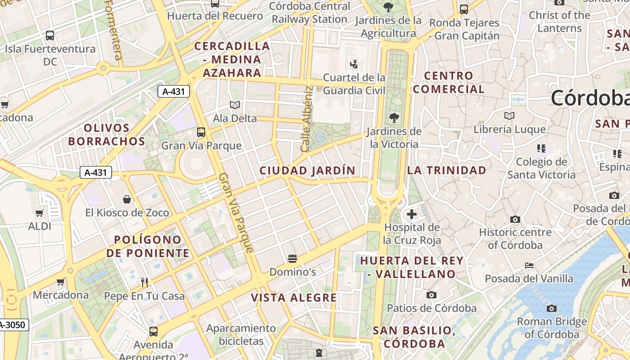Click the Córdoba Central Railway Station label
pyautogui.click(x=310, y=13)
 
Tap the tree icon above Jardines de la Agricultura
pyautogui.click(x=388, y=7)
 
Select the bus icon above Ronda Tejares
pyautogui.click(x=464, y=9)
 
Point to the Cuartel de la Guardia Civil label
pyautogui.click(x=354, y=84)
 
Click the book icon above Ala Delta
pyautogui.click(x=234, y=105)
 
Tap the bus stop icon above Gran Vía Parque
pyautogui.click(x=201, y=132)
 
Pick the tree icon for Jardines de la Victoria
pyautogui.click(x=394, y=118)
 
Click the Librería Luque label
pyautogui.click(x=509, y=130)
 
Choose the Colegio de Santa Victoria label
pyautogui.click(x=541, y=168)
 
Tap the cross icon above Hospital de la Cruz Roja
pyautogui.click(x=411, y=214)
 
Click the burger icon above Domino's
pyautogui.click(x=292, y=259)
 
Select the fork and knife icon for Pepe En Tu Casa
pyautogui.click(x=144, y=283)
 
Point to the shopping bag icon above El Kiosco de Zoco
pyautogui.click(x=127, y=199)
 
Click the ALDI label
pyautogui.click(x=40, y=226)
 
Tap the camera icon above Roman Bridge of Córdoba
pyautogui.click(x=551, y=308)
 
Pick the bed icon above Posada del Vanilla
pyautogui.click(x=529, y=265)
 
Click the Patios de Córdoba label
pyautogui.click(x=432, y=308)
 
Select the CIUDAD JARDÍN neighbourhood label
pyautogui.click(x=307, y=171)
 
